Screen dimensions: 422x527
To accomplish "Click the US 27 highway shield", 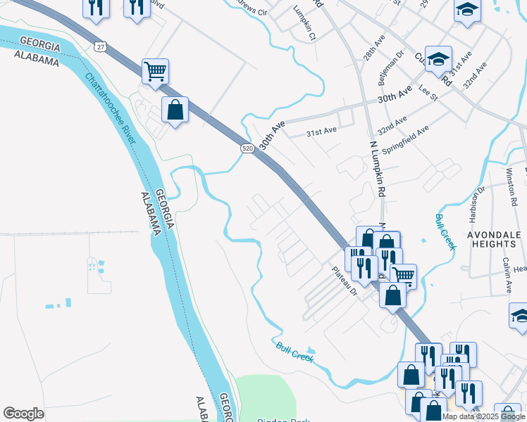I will click(x=100, y=46).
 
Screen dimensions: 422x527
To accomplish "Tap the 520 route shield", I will click(x=247, y=148).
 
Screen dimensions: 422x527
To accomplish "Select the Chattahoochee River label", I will click(x=111, y=110).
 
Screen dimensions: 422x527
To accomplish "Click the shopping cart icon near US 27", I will click(x=155, y=70).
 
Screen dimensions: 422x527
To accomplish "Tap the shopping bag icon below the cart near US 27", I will click(x=175, y=110).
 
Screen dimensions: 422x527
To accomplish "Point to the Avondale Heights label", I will click(x=496, y=238).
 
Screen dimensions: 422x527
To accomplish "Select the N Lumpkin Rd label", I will click(x=378, y=168).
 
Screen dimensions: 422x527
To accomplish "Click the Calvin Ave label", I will click(x=507, y=274).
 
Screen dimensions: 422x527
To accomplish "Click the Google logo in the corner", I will click(x=23, y=414).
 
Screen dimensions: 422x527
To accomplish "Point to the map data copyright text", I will click(x=483, y=416).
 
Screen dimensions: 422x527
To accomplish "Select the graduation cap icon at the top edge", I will click(x=466, y=11).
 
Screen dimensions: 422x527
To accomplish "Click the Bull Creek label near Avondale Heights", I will click(x=446, y=231).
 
